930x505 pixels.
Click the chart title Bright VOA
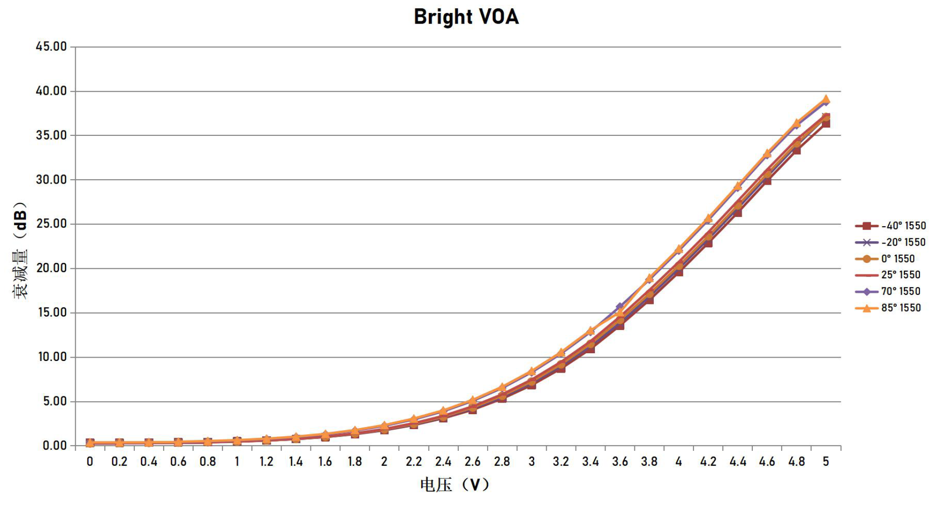(x=466, y=17)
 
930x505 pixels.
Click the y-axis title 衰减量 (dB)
(x=20, y=250)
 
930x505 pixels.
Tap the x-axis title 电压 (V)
(x=455, y=484)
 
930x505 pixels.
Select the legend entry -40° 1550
(x=890, y=226)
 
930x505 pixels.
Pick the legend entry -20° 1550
(x=890, y=242)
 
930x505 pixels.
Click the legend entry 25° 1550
(x=888, y=275)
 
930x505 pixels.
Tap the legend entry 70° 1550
(x=888, y=291)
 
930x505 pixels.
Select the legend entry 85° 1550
(x=888, y=308)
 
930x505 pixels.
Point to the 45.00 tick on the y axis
(x=51, y=47)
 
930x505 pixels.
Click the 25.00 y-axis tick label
(x=51, y=224)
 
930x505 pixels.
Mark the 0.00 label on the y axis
(x=55, y=446)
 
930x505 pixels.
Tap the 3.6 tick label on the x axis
(x=620, y=462)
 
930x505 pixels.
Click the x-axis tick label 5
(x=826, y=462)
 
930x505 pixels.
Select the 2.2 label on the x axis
(x=414, y=462)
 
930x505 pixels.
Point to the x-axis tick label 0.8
(x=208, y=462)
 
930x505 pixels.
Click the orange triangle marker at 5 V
(x=826, y=99)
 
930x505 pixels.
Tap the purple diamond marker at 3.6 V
(x=620, y=306)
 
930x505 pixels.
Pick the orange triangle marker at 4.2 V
(x=708, y=218)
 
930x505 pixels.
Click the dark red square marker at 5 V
(x=826, y=123)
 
